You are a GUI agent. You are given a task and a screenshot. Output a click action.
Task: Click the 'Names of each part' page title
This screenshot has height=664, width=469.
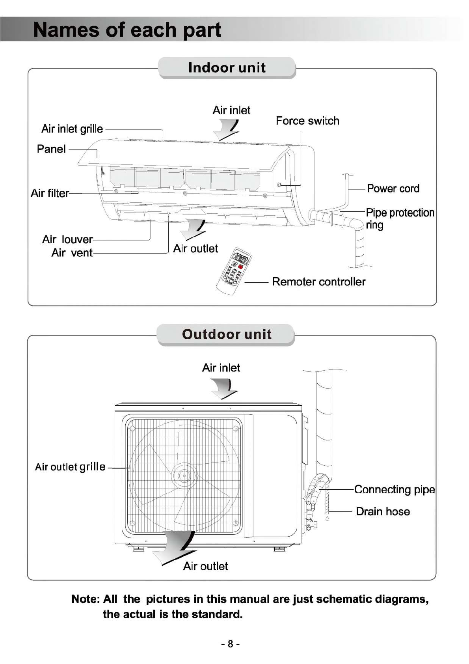(x=127, y=30)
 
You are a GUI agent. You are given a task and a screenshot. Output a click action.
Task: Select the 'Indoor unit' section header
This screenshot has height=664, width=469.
(x=227, y=67)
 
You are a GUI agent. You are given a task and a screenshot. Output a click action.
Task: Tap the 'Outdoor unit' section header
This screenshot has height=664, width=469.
(x=227, y=334)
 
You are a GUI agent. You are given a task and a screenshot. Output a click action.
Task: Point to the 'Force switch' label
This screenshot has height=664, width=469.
(x=307, y=121)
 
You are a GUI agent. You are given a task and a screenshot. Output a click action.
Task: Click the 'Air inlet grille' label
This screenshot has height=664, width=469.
(x=72, y=129)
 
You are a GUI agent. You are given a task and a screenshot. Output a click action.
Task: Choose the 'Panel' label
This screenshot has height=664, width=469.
(x=51, y=149)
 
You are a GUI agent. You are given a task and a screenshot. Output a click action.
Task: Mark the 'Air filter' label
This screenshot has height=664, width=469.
(x=50, y=193)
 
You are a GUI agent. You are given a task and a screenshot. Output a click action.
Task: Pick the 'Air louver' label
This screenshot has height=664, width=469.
(x=67, y=239)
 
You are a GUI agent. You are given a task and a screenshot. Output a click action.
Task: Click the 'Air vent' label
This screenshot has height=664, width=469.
(x=72, y=253)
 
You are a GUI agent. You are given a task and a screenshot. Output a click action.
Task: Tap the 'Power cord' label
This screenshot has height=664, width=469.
(x=393, y=188)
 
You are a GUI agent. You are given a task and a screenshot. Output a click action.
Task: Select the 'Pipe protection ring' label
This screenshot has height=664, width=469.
(x=400, y=218)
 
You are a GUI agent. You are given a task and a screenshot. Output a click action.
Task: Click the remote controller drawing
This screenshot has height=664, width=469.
(x=234, y=270)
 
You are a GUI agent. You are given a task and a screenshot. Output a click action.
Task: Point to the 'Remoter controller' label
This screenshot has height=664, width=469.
(x=318, y=282)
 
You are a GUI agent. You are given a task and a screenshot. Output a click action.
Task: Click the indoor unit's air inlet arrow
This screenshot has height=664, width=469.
(x=228, y=130)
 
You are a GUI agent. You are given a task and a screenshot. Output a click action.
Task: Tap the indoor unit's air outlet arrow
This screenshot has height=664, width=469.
(x=194, y=228)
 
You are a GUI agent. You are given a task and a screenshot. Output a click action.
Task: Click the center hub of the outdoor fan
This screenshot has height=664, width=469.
(x=184, y=476)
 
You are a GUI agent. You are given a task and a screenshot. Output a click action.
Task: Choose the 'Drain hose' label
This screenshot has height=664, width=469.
(x=383, y=511)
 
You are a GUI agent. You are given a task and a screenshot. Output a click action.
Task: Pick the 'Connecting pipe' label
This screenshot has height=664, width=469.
(x=395, y=489)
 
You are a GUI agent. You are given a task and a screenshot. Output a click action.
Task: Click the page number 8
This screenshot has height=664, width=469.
(x=230, y=644)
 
